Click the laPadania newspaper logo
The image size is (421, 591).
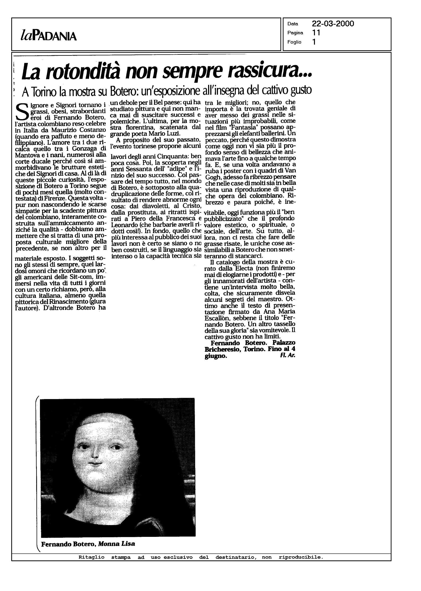coord(48,36)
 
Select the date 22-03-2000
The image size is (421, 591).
coord(333,24)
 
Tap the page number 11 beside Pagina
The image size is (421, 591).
coord(316,33)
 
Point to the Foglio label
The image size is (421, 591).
coord(294,42)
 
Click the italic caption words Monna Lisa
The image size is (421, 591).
coord(116,544)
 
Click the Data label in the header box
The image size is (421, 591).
coord(293,24)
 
